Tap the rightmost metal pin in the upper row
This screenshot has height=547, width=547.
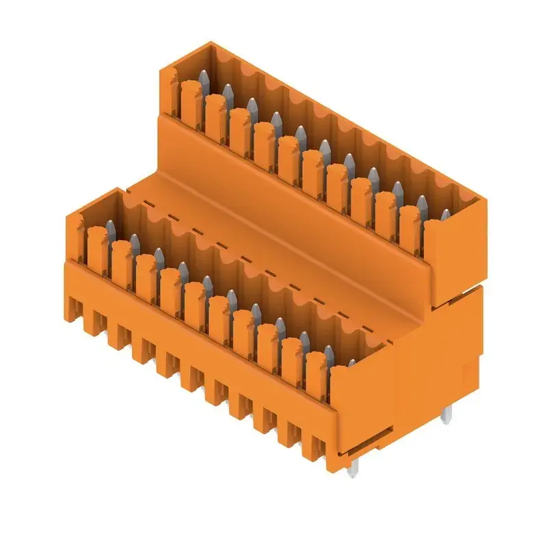[x=446, y=216]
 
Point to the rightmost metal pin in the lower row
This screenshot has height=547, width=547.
[x=351, y=364]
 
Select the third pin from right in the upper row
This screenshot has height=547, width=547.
[x=397, y=189]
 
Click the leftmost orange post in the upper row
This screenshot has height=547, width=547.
[x=191, y=103]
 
